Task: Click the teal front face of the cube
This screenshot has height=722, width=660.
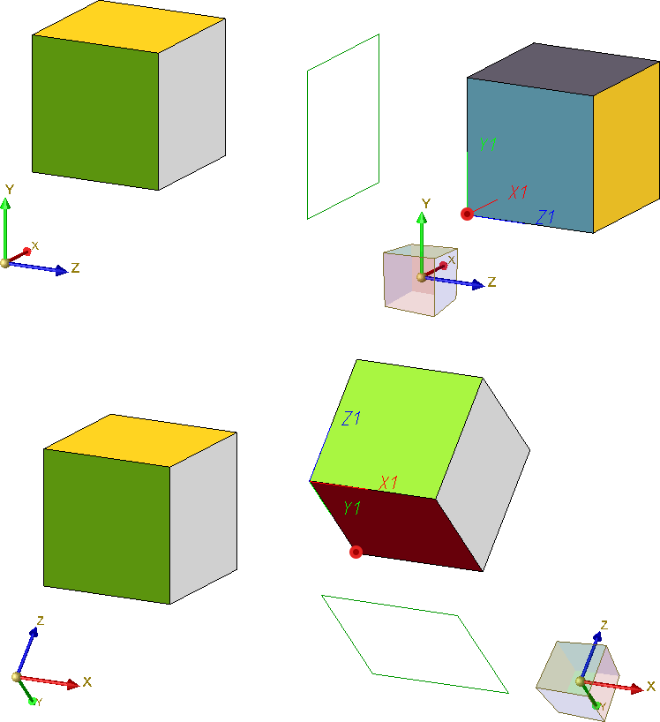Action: point(529,154)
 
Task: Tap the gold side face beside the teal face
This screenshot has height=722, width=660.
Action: point(626,147)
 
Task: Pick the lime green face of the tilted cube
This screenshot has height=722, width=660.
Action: point(396,428)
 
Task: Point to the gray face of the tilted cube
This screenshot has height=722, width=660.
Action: point(484,474)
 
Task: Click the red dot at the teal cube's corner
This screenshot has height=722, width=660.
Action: point(467,214)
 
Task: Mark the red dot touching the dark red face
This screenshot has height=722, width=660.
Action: point(356,552)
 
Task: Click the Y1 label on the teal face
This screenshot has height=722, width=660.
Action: point(488,145)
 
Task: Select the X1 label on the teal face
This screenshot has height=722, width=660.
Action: point(518,192)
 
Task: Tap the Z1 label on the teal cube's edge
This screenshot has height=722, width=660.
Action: point(546,217)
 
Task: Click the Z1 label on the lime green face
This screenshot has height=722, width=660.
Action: point(351,418)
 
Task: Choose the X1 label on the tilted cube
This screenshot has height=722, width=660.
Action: point(388,483)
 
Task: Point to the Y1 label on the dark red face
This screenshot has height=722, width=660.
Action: point(352,508)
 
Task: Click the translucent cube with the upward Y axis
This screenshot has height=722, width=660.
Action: point(420,280)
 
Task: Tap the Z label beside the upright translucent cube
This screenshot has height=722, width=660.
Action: point(491,282)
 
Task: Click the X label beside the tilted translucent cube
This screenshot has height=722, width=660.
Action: point(651,687)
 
